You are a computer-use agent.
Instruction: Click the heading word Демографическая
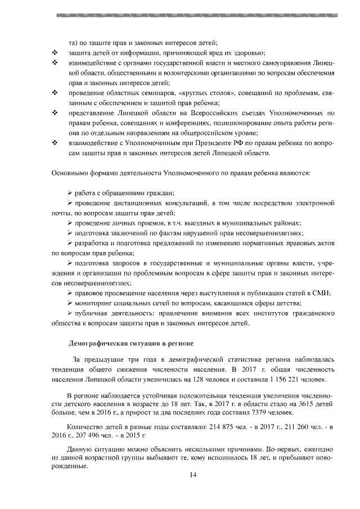coord(98,342)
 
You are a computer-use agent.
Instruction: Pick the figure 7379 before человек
coord(245,413)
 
